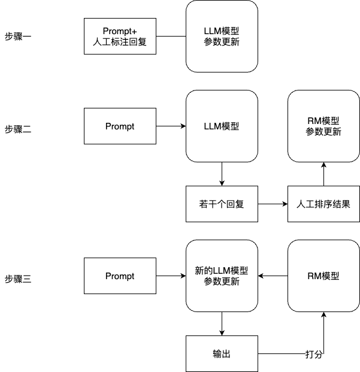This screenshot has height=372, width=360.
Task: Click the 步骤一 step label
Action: pyautogui.click(x=18, y=37)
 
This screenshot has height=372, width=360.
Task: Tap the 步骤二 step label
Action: pyautogui.click(x=18, y=129)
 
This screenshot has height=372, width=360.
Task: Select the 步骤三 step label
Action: pyautogui.click(x=18, y=279)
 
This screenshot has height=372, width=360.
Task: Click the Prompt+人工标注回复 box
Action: pyautogui.click(x=120, y=37)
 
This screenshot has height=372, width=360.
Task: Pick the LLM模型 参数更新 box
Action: pyautogui.click(x=222, y=37)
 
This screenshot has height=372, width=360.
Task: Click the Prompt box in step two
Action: pyautogui.click(x=120, y=126)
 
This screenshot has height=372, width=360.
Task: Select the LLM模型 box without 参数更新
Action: pyautogui.click(x=222, y=126)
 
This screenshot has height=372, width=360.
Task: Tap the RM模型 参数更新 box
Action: pyautogui.click(x=323, y=126)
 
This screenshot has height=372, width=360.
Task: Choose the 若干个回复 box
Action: pyautogui.click(x=222, y=204)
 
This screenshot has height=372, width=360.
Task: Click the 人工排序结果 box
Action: pyautogui.click(x=323, y=204)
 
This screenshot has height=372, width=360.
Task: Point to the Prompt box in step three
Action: pyautogui.click(x=120, y=276)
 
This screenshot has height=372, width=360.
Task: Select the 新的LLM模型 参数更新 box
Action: pyautogui.click(x=222, y=276)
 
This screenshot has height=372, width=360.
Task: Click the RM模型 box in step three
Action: pyautogui.click(x=323, y=276)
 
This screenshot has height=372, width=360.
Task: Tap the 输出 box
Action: pyautogui.click(x=222, y=354)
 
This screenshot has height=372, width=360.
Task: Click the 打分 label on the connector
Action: pyautogui.click(x=314, y=354)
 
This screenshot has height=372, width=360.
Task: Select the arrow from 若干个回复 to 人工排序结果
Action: pyautogui.click(x=273, y=204)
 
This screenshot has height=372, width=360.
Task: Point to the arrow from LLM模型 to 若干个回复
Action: pyautogui.click(x=222, y=174)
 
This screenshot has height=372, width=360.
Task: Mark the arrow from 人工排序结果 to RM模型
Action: pyautogui.click(x=323, y=174)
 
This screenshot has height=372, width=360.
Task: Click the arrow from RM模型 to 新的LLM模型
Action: pyautogui.click(x=273, y=276)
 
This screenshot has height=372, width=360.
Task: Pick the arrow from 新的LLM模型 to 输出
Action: pyautogui.click(x=222, y=323)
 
